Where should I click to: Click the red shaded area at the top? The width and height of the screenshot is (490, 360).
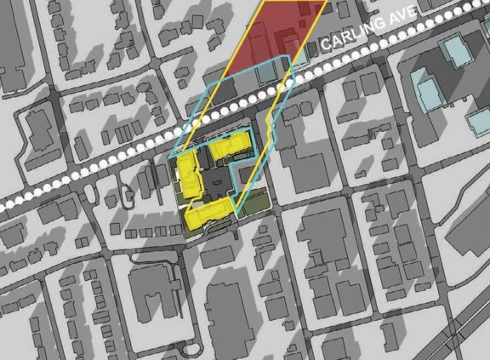272,38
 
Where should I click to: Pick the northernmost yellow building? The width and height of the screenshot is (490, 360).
230,146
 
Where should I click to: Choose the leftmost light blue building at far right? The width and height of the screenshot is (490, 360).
423,87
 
